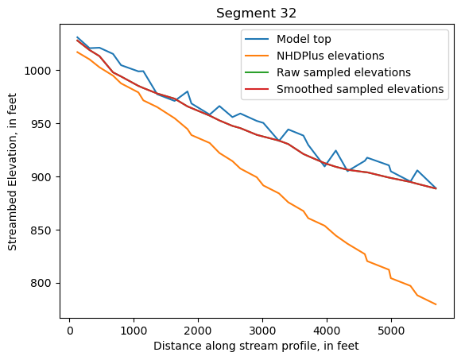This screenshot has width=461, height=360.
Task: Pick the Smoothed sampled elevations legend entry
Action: click(359, 89)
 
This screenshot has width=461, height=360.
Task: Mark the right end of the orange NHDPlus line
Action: click(436, 304)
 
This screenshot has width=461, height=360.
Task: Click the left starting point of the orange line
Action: click(77, 52)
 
